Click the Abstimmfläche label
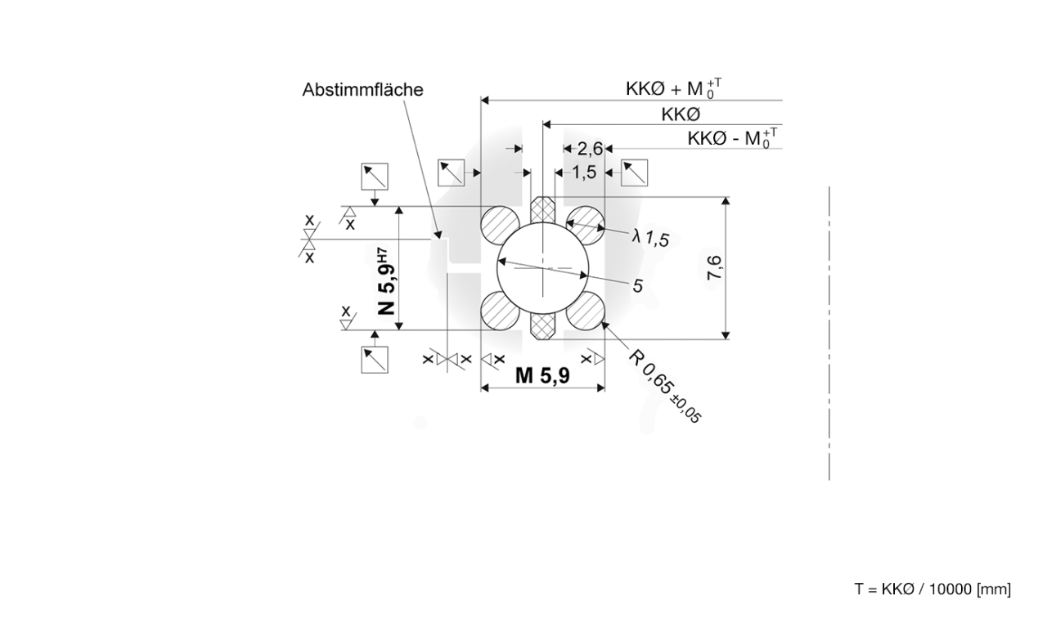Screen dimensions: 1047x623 click(362, 90)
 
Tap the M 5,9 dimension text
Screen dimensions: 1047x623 click(542, 375)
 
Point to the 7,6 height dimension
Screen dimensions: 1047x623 click(714, 268)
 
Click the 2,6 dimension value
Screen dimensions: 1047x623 click(590, 149)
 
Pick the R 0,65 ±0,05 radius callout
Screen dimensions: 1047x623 click(663, 386)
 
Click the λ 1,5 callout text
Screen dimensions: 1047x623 click(650, 238)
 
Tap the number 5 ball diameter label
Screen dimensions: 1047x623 click(637, 285)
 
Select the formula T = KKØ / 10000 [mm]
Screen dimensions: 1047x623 click(932, 589)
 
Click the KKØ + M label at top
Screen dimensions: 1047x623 click(673, 88)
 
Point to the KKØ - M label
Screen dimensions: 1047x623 click(732, 138)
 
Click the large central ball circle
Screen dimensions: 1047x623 click(542, 268)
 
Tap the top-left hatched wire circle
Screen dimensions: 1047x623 click(500, 225)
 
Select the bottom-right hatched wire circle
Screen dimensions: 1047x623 click(585, 311)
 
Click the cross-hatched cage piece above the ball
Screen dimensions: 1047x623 click(542, 209)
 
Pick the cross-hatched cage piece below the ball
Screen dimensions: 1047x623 click(542, 326)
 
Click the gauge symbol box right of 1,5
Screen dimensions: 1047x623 click(634, 173)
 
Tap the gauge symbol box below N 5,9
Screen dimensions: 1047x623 click(375, 360)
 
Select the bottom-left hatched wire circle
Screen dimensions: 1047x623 click(500, 311)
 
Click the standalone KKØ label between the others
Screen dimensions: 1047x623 click(681, 114)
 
